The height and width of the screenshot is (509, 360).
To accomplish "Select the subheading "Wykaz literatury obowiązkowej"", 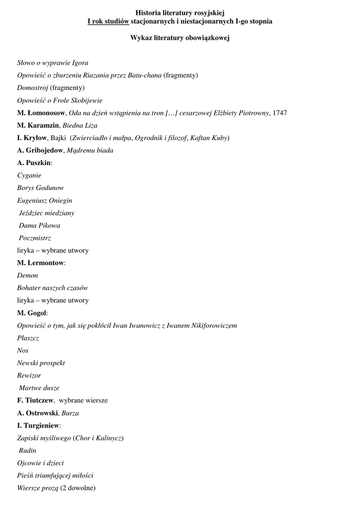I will [180, 38].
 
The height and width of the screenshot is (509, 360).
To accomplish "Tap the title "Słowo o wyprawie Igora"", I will [53, 63].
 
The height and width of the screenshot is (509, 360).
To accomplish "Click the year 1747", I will [280, 113].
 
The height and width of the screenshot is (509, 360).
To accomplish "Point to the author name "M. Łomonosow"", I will [41, 113].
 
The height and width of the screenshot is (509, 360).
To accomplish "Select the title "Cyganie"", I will [29, 175].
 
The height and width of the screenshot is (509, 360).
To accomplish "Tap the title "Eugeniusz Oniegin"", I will [45, 200].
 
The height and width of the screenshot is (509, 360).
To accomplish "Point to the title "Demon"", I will [27, 275].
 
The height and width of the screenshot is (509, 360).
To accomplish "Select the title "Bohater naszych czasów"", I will [53, 288].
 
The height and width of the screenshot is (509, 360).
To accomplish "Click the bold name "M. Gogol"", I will [32, 313].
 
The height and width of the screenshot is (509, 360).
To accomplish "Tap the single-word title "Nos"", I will [23, 350].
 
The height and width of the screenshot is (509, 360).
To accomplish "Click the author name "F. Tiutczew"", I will [35, 400].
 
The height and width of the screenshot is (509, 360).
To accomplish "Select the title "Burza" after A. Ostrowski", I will [70, 413].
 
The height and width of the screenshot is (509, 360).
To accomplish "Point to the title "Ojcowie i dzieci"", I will [40, 463].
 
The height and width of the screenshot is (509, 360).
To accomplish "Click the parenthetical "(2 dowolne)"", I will [78, 488].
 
